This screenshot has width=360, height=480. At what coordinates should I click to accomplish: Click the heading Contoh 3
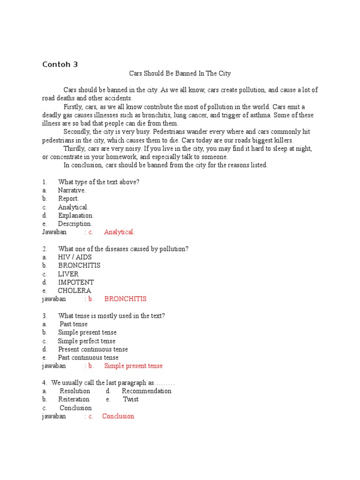(60, 65)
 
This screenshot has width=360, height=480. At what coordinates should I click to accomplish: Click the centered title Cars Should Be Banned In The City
(180, 74)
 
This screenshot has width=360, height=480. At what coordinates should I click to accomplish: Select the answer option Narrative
(72, 190)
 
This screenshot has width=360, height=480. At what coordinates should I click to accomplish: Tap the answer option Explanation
(75, 216)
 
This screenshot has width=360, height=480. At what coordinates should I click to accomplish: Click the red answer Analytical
(119, 232)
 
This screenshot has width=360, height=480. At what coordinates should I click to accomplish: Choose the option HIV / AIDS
(75, 257)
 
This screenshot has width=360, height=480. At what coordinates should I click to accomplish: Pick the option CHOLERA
(74, 291)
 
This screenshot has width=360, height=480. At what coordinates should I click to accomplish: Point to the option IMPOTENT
(76, 282)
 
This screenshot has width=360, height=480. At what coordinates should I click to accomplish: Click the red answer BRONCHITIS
(125, 299)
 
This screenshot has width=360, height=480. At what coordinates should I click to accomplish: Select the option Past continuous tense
(88, 358)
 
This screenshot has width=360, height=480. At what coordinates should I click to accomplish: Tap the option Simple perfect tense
(87, 341)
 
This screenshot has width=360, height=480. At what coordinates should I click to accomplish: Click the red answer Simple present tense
(133, 366)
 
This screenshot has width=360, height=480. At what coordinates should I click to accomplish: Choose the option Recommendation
(146, 391)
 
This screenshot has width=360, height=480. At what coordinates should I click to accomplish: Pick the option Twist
(131, 399)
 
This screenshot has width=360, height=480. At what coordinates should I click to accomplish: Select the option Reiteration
(74, 399)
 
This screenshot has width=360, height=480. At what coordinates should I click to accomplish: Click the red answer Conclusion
(118, 416)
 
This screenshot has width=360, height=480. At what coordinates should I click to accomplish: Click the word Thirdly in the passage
(75, 149)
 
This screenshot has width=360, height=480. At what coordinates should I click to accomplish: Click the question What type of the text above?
(98, 182)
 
